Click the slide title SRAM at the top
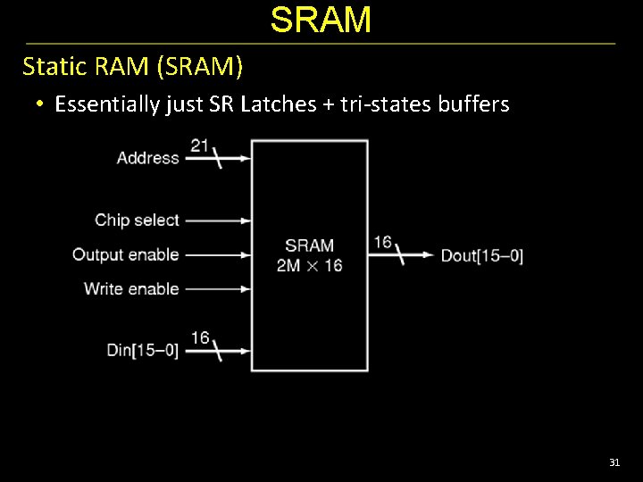pyautogui.click(x=321, y=20)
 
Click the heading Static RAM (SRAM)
pyautogui.click(x=132, y=66)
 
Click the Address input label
pyautogui.click(x=147, y=158)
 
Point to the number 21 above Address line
pyautogui.click(x=200, y=144)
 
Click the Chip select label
pyautogui.click(x=137, y=220)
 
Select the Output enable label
pyautogui.click(x=125, y=254)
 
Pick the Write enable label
pyautogui.click(x=130, y=288)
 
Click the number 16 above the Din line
pyautogui.click(x=200, y=337)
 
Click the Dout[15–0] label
pyautogui.click(x=481, y=255)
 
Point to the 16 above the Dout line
pyautogui.click(x=382, y=242)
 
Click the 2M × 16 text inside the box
pyautogui.click(x=309, y=265)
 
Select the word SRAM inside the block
pyautogui.click(x=309, y=245)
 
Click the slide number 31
pyautogui.click(x=614, y=462)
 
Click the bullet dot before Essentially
pyautogui.click(x=40, y=104)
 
